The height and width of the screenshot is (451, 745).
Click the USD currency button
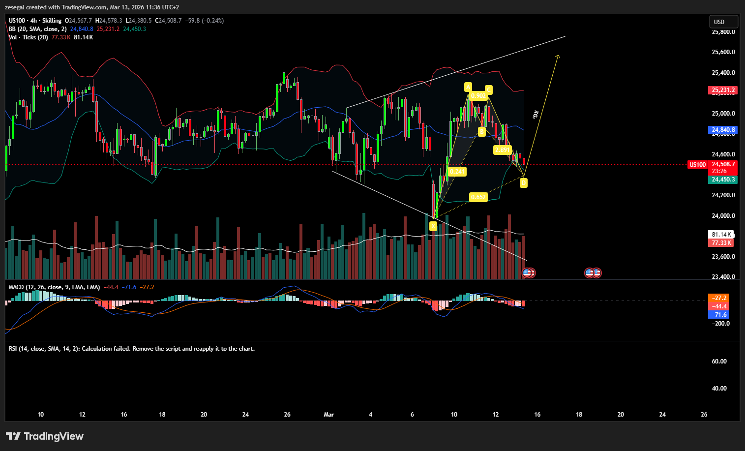[722, 22]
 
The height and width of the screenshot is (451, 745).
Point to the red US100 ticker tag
[697, 165]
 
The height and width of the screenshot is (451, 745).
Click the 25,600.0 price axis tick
[723, 52]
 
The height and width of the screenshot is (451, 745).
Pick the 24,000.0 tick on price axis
[723, 216]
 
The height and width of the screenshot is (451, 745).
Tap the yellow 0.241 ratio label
[457, 172]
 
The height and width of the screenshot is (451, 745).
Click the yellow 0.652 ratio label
[478, 197]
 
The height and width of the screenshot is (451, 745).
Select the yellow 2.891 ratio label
[503, 150]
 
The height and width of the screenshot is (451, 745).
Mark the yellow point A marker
[468, 87]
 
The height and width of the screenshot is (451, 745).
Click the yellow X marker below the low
[433, 226]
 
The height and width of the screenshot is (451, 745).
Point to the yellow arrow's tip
[558, 55]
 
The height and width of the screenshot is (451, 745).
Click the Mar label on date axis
[329, 415]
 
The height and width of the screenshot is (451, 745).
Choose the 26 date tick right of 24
[704, 415]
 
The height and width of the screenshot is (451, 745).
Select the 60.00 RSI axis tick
[719, 361]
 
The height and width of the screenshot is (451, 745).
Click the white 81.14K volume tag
[721, 235]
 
